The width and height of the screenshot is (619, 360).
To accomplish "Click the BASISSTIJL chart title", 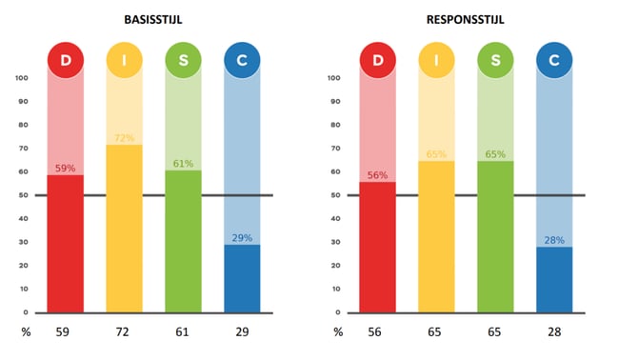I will pyautogui.click(x=153, y=18).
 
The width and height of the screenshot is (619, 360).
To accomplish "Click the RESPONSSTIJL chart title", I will pyautogui.click(x=465, y=18).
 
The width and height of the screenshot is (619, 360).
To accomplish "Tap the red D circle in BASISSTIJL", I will pyautogui.click(x=66, y=60).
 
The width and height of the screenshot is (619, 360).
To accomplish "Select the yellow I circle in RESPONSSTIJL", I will pyautogui.click(x=436, y=60).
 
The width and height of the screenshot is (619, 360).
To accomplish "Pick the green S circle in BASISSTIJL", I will pyautogui.click(x=183, y=60).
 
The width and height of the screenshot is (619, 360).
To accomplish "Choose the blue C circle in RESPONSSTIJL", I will pyautogui.click(x=554, y=60).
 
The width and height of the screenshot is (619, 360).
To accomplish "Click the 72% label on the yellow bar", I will pyautogui.click(x=124, y=138).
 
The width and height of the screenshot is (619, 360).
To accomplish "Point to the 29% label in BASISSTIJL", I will pyautogui.click(x=241, y=238).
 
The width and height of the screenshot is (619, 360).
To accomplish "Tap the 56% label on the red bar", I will pyautogui.click(x=378, y=175).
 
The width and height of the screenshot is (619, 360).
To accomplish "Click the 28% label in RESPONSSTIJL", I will pyautogui.click(x=554, y=240).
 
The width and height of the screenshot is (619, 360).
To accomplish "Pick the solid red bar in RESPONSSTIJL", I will pyautogui.click(x=378, y=248).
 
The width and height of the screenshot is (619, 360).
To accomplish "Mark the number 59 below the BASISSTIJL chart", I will pyautogui.click(x=66, y=332).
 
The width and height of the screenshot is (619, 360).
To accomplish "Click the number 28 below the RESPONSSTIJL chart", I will pyautogui.click(x=554, y=332).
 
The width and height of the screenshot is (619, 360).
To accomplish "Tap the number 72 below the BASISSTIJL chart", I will pyautogui.click(x=124, y=332).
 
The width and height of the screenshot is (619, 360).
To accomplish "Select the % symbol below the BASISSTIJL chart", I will pyautogui.click(x=27, y=332).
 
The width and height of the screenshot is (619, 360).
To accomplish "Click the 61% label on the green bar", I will pyautogui.click(x=183, y=164).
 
